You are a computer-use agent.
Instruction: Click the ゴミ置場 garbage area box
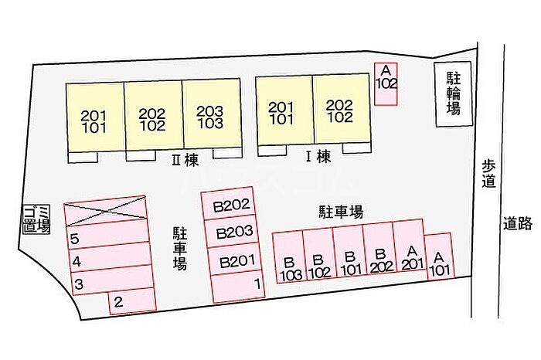(36, 219)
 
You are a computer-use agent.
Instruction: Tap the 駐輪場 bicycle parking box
(453, 94)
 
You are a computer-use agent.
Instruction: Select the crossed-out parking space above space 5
(104, 209)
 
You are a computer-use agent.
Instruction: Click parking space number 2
(132, 301)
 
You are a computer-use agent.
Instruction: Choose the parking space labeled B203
(232, 232)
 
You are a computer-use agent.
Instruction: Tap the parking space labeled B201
(234, 260)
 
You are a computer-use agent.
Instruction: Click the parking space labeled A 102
(386, 83)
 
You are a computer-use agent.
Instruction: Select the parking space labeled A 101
(439, 256)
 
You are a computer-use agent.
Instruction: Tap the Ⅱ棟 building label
(185, 161)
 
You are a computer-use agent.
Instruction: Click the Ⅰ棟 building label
(318, 158)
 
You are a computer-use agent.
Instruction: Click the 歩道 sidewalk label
(489, 175)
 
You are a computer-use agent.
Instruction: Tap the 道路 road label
(517, 223)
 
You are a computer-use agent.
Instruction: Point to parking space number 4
(111, 259)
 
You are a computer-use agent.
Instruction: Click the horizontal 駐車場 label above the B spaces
(341, 212)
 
